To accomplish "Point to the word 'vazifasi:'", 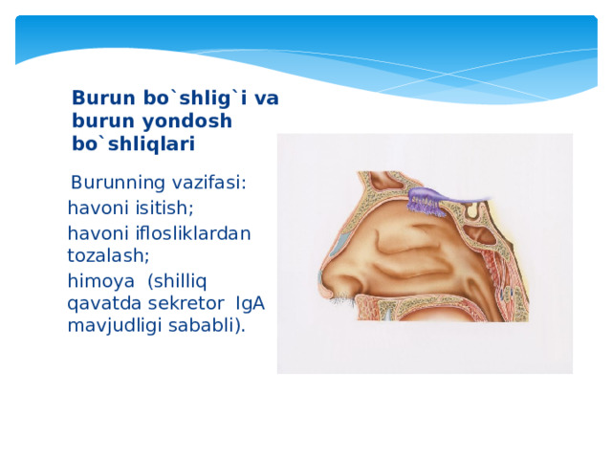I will (212, 183).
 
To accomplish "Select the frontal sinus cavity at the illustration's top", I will (372, 184).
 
